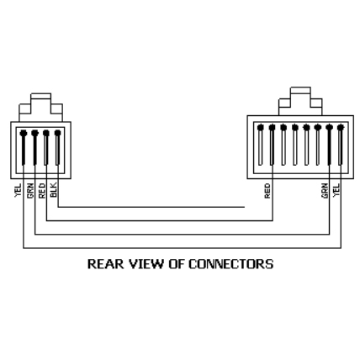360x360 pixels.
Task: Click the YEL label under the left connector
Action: (x=19, y=190)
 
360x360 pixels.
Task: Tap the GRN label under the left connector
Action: (x=30, y=191)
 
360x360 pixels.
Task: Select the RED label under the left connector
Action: (x=42, y=191)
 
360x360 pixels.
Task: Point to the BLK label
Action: (x=54, y=190)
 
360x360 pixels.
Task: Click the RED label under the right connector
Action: (x=267, y=191)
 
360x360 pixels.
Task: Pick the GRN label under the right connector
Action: (x=325, y=191)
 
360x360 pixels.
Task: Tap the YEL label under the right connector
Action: (x=336, y=190)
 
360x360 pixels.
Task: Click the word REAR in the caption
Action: (x=105, y=264)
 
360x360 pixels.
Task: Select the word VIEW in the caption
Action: (x=146, y=264)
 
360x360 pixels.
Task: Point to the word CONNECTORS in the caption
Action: (x=230, y=264)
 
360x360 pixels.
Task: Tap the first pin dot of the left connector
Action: (x=24, y=133)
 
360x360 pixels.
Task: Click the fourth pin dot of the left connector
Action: (x=57, y=133)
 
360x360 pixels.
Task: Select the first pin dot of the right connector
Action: (x=261, y=128)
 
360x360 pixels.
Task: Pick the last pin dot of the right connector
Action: (x=341, y=128)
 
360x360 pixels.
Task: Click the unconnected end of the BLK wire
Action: (x=245, y=207)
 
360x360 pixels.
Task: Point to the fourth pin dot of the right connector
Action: (x=294, y=128)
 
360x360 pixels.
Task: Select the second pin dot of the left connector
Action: (x=34, y=133)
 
